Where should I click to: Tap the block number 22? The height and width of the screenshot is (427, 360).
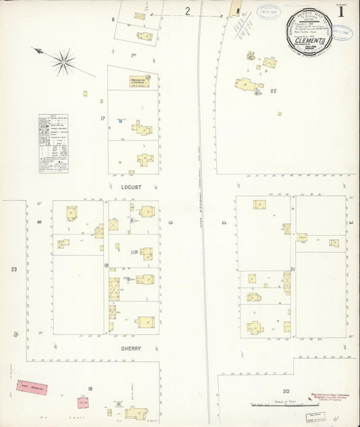274,90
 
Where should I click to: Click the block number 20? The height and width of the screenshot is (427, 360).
286,391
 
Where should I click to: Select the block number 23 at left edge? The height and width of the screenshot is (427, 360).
13,270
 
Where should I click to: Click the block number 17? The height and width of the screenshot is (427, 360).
103,120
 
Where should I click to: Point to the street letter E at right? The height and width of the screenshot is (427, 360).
351,222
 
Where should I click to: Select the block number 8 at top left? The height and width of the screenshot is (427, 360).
113,20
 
